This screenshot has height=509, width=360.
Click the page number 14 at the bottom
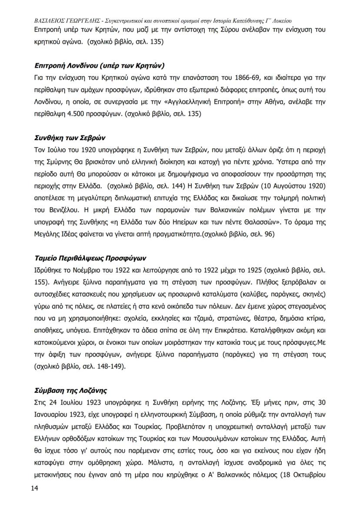(x=34, y=489)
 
